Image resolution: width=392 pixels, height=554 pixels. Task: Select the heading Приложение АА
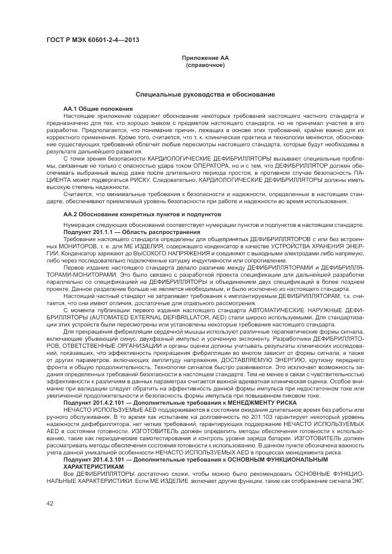pyautogui.click(x=205, y=57)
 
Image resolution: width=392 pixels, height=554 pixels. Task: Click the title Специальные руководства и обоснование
pyautogui.click(x=205, y=94)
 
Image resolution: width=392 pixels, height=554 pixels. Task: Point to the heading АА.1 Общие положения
pyautogui.click(x=98, y=109)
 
